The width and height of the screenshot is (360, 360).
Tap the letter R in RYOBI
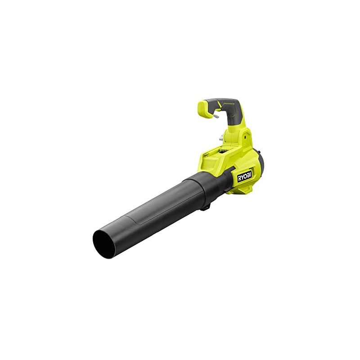[239, 179]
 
